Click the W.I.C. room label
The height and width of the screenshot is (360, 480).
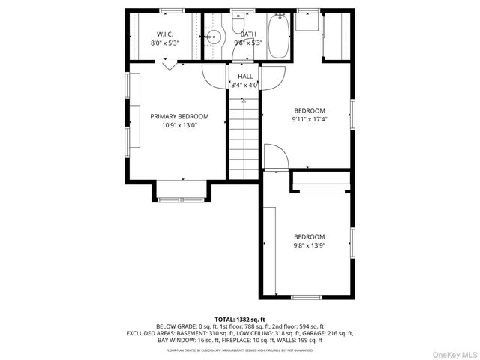pos(165,34)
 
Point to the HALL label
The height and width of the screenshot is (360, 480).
pos(244,76)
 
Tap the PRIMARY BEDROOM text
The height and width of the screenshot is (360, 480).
pos(179,116)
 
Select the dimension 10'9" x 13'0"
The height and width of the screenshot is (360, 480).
pos(179,126)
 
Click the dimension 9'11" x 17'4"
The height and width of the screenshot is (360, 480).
pos(309,118)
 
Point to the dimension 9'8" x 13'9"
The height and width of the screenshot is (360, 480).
pos(309,244)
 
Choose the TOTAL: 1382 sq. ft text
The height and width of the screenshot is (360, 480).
pos(239,319)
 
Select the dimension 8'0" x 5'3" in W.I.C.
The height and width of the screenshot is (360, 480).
pos(165,43)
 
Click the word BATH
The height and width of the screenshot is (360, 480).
pos(248,34)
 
